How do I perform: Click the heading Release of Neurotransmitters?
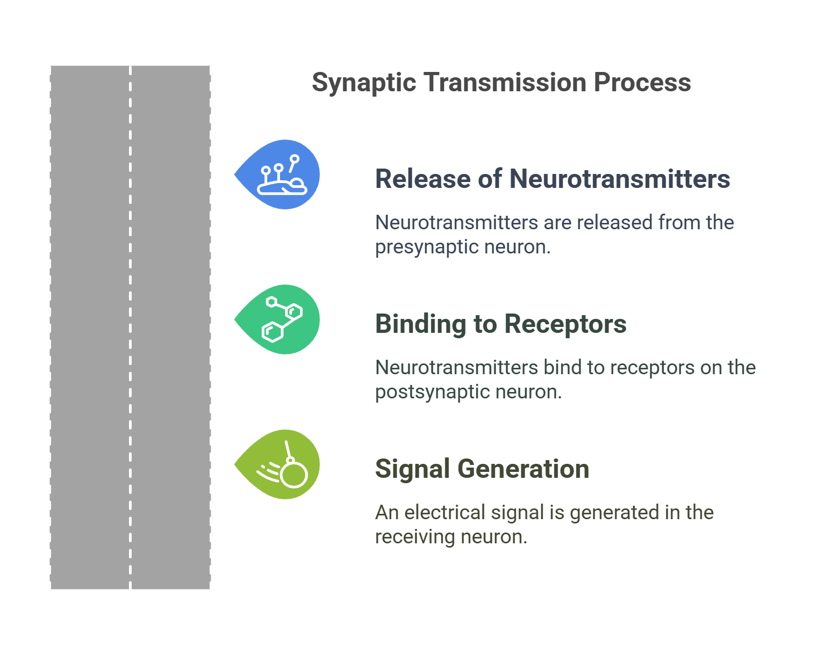tap(552, 179)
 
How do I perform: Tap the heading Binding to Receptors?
tap(500, 324)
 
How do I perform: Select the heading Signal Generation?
tap(482, 469)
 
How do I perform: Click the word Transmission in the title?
tap(505, 83)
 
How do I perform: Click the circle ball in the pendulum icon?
tap(294, 475)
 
